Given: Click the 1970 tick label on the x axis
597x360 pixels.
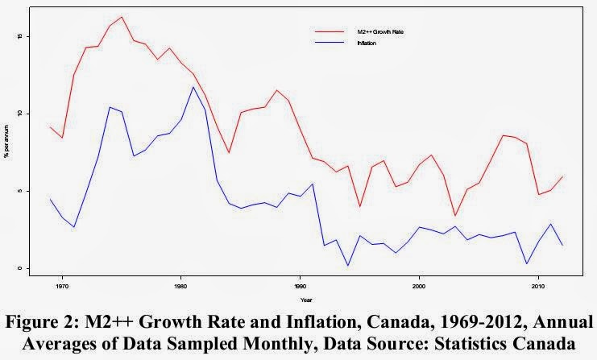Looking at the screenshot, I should click(62, 285).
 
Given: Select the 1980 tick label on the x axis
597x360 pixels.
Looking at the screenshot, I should click(180, 285).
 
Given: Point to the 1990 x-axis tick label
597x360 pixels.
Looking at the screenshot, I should click(300, 285).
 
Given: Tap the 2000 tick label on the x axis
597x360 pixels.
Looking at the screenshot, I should click(419, 285).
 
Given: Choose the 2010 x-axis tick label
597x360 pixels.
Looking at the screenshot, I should click(537, 285).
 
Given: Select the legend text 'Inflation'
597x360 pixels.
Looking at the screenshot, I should click(367, 43).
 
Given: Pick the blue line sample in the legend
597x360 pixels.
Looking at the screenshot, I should click(323, 43).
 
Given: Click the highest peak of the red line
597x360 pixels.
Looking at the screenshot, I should click(122, 17).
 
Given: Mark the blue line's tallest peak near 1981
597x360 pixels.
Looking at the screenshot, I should click(193, 87).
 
